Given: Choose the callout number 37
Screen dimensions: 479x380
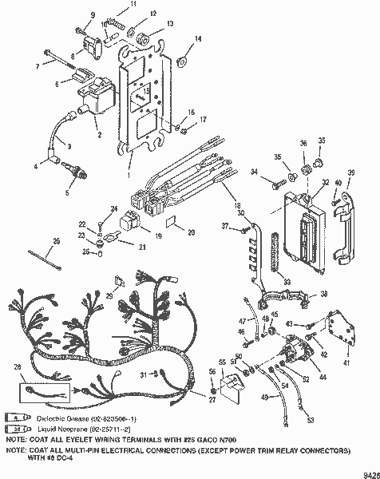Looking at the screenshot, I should [225, 227].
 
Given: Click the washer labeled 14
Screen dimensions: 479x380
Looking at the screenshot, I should [181, 58].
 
